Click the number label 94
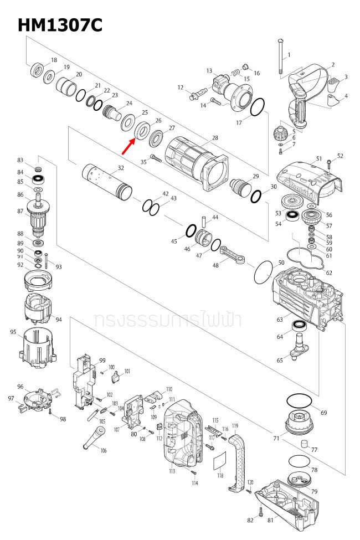(59, 320)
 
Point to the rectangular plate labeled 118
(220, 460)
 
